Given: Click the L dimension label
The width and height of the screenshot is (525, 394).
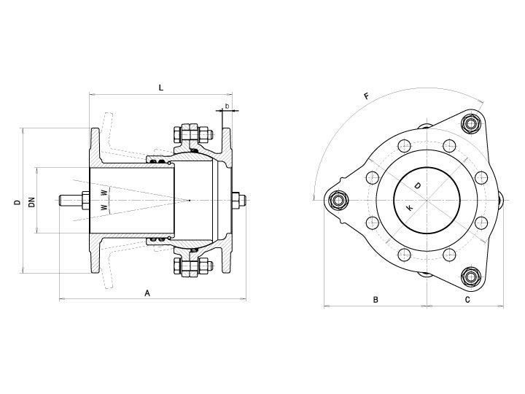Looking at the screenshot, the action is [161, 88].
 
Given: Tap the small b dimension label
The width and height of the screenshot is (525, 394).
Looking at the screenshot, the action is [227, 107].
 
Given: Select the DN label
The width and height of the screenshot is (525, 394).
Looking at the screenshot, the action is [32, 202].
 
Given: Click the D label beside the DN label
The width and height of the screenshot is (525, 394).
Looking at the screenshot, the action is [17, 202].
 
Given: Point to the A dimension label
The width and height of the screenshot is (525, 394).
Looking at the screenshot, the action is [147, 293].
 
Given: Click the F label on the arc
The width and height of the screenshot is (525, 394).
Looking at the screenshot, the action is [367, 96].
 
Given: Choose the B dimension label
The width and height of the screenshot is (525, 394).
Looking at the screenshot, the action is [376, 300].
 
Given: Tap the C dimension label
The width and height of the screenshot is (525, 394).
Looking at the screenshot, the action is [467, 300].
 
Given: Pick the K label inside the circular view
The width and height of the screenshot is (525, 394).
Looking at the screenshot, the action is [409, 208].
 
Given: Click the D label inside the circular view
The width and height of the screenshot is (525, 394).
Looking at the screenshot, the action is [418, 185].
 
